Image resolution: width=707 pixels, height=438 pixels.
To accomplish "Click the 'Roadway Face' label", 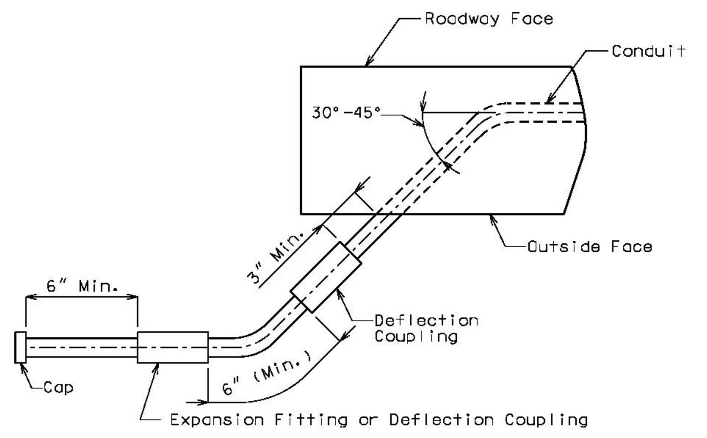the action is click(x=489, y=19).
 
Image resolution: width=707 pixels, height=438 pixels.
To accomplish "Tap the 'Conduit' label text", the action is click(x=648, y=51).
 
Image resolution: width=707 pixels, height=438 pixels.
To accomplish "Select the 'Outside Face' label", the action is click(x=590, y=247).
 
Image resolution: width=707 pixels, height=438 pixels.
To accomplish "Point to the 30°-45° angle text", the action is click(x=346, y=113).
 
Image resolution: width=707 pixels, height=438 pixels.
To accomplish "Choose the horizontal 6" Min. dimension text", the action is click(x=82, y=286).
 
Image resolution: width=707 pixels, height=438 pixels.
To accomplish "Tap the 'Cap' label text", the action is click(x=58, y=388).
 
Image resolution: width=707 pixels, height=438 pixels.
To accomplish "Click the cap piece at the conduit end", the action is click(x=20, y=347).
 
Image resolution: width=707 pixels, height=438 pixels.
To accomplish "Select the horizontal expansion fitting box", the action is click(x=173, y=347).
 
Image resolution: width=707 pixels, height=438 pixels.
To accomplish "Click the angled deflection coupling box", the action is click(x=326, y=277).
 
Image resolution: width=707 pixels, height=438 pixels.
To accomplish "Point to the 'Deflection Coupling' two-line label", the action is click(x=426, y=328).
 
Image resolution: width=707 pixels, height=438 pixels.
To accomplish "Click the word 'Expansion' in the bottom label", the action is click(x=217, y=420).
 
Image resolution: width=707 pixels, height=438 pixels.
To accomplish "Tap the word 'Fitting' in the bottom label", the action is click(x=311, y=420).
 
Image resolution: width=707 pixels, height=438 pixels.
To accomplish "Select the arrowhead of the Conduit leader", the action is click(x=549, y=99).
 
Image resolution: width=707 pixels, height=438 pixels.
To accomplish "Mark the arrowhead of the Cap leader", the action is click(x=23, y=368).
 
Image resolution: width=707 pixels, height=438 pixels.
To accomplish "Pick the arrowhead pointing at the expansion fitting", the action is click(x=156, y=369).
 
